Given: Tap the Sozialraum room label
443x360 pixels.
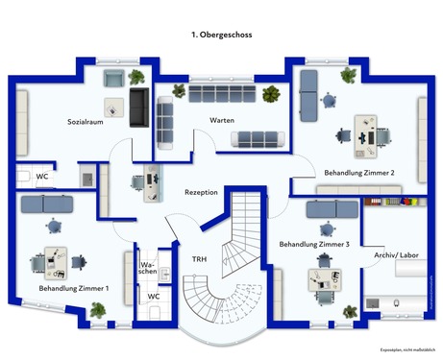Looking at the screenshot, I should click(x=86, y=123).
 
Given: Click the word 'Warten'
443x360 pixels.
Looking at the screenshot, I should click(x=222, y=120).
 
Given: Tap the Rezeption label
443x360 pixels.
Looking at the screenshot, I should click(x=202, y=192).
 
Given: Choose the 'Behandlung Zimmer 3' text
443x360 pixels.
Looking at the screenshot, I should click(x=314, y=245).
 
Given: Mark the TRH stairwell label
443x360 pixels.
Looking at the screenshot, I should click(x=199, y=260).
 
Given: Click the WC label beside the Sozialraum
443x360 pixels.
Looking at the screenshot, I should click(x=42, y=177).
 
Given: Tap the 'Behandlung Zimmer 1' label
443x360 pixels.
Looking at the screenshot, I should click(x=73, y=288).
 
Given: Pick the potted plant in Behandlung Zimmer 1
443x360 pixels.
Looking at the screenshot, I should click(x=97, y=309).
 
